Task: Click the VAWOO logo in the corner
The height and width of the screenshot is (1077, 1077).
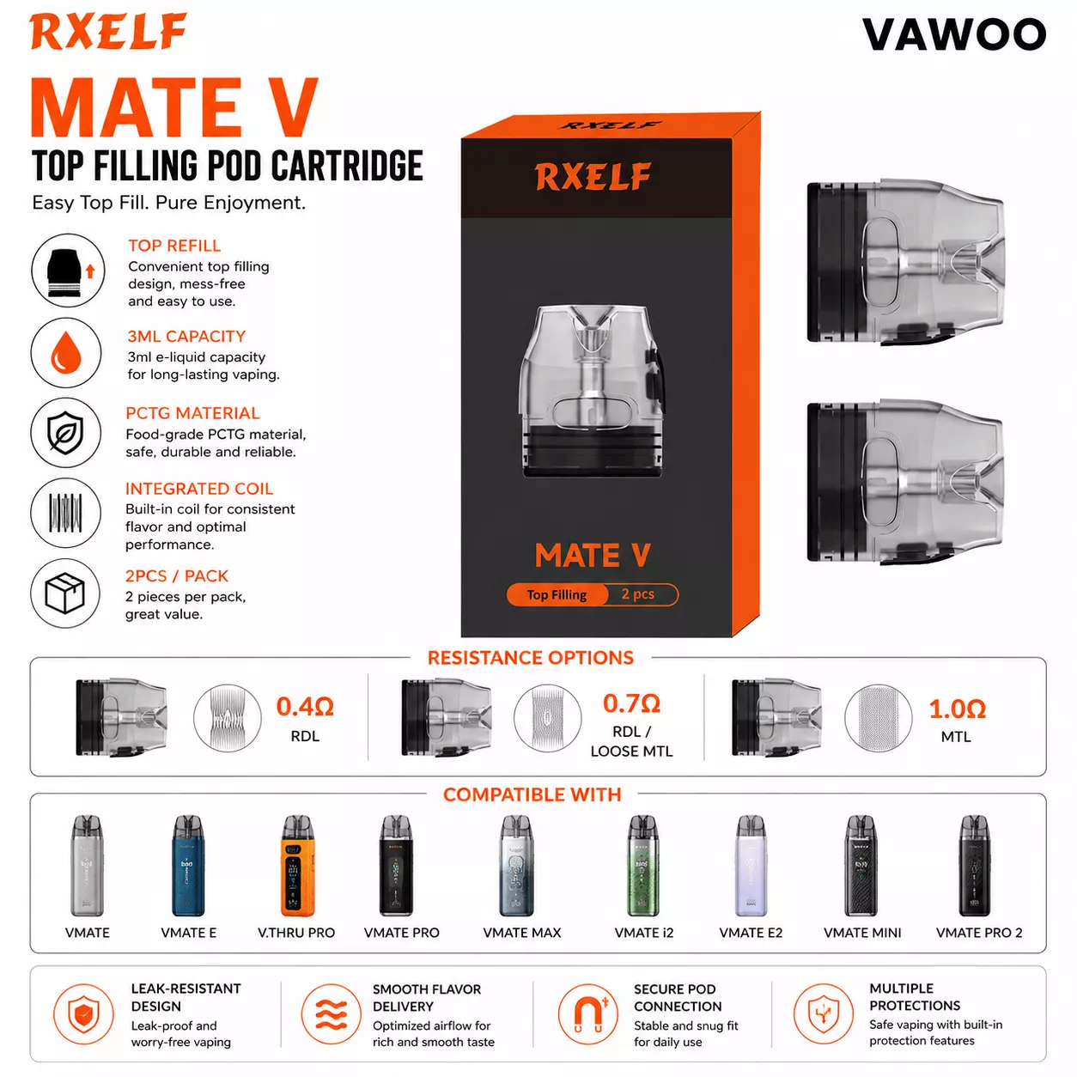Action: pos(953,34)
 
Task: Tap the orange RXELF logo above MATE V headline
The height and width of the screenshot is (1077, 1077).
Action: pos(108,31)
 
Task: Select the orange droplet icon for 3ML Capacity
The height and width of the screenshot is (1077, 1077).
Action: pos(66,353)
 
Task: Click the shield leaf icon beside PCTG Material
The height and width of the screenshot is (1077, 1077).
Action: pos(66,433)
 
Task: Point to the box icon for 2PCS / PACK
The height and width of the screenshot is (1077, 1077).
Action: pos(65,593)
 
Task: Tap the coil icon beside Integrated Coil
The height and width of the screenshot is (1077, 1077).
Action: pos(66,513)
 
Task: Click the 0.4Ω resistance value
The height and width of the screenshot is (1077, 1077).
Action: pos(305,707)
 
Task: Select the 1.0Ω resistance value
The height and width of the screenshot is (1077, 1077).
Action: pos(957,709)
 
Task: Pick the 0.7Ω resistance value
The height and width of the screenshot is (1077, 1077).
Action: pos(631,703)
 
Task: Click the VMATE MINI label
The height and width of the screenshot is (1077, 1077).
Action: pos(862,933)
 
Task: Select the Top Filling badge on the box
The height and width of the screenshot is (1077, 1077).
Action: pos(557,594)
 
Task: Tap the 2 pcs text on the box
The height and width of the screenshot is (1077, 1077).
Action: pos(638,594)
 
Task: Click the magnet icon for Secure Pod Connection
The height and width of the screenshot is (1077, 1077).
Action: pos(588,1013)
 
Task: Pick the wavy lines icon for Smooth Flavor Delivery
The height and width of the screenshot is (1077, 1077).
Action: pos(331,1013)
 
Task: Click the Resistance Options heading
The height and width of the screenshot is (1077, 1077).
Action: pos(531,657)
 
